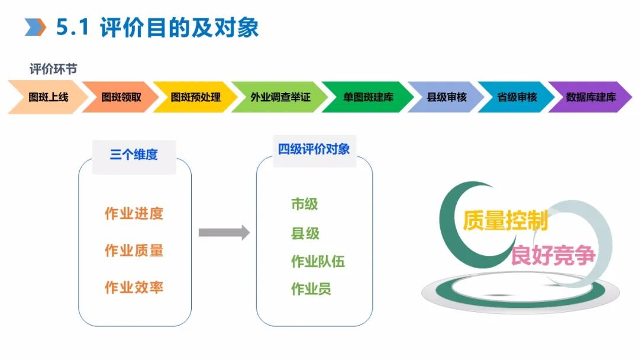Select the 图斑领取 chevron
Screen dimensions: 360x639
(121, 97)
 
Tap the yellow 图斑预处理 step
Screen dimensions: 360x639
(195, 97)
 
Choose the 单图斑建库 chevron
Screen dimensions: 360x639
(368, 97)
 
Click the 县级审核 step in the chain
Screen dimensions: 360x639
(447, 97)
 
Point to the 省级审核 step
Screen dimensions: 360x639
(517, 97)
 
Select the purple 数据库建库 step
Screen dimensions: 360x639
(590, 97)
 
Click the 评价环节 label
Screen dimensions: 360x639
(53, 69)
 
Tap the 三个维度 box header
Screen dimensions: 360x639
(134, 156)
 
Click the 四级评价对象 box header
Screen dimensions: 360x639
(314, 150)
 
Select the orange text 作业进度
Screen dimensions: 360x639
(134, 214)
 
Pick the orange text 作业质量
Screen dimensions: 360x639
(134, 250)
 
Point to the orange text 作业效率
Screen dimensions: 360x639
(134, 288)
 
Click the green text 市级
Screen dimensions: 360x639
(305, 204)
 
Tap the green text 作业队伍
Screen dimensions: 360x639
(318, 261)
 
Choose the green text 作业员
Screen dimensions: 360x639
(311, 289)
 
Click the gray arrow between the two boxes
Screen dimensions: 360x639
(224, 232)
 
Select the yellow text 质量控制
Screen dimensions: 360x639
(505, 220)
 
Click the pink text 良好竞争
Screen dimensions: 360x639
(553, 255)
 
